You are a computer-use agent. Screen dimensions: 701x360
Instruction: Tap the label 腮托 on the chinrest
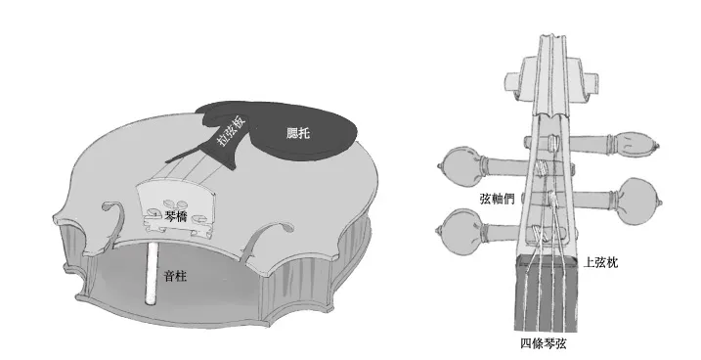point(298,133)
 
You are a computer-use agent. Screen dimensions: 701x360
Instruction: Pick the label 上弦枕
point(598,263)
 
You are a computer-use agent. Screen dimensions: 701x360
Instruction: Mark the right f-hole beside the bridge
point(269,236)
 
